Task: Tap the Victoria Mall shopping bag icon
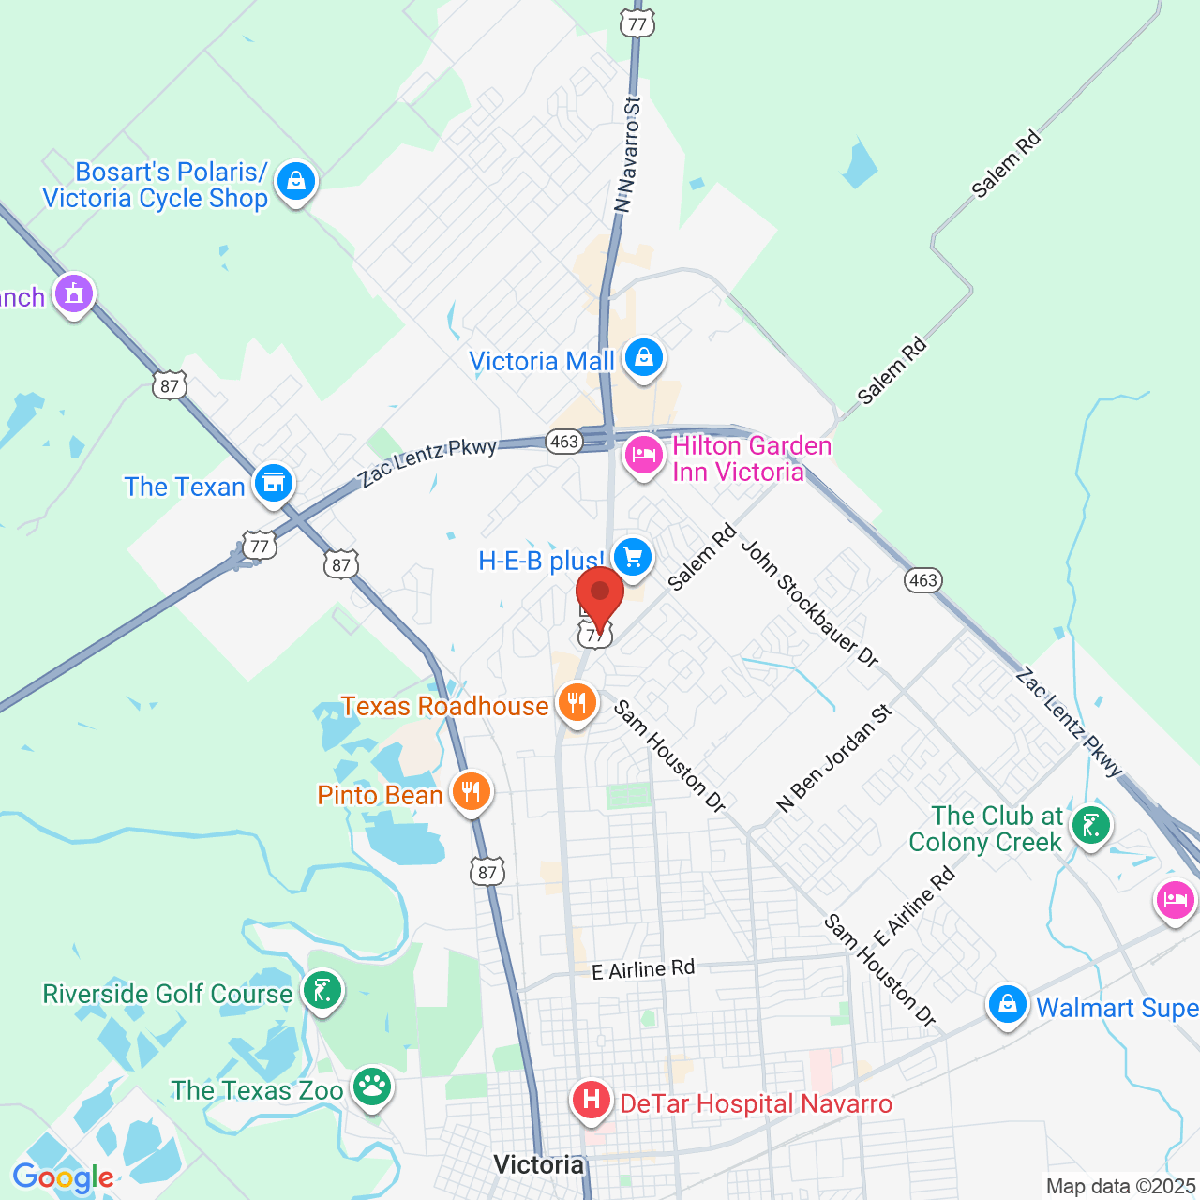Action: [644, 358]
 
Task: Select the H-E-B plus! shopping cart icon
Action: [633, 557]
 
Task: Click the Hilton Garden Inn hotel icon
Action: [644, 456]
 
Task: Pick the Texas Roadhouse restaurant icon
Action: [577, 702]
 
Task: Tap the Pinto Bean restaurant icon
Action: [472, 792]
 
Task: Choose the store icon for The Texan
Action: [274, 484]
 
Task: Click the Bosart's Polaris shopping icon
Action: [296, 180]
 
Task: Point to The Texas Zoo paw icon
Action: [373, 1087]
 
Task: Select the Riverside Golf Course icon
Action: [322, 991]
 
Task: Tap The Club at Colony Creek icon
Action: [1091, 826]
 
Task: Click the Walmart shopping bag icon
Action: [1008, 1005]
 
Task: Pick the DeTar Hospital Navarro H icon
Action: [592, 1099]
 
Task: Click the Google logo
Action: [64, 1177]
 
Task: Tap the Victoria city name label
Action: [538, 1164]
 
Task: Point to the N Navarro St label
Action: [627, 154]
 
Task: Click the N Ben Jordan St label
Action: [834, 757]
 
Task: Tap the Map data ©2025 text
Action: [1121, 1187]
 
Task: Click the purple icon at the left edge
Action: [75, 294]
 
